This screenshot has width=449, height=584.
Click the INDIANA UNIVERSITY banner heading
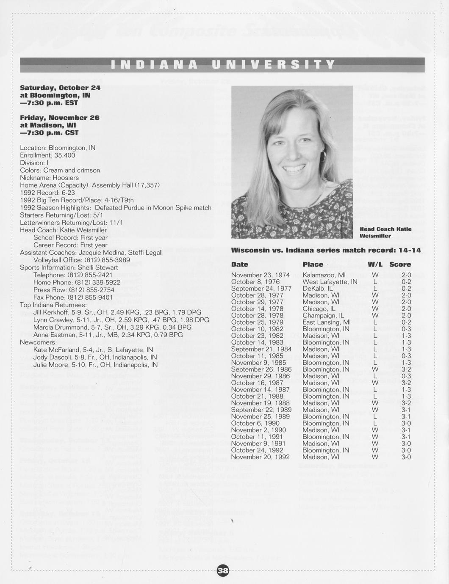tap(223, 65)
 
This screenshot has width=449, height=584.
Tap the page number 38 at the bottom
tap(223, 571)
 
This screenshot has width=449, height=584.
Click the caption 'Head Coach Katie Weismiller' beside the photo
tap(385, 232)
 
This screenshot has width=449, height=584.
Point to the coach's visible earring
tap(322, 157)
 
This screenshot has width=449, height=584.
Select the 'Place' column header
tap(313, 264)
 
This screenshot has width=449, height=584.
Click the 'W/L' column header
tap(375, 264)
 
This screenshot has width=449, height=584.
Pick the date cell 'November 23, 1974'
tap(260, 275)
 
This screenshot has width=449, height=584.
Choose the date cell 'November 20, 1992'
tap(260, 457)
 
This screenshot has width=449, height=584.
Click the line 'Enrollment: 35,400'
tap(47, 155)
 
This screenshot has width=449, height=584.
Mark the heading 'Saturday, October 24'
tap(60, 88)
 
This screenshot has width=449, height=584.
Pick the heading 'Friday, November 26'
tap(59, 117)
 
